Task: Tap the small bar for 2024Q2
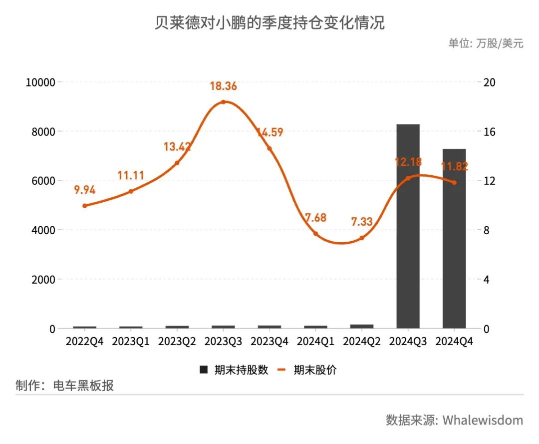point(361,326)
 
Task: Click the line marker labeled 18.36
point(223,102)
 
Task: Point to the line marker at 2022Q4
point(85,206)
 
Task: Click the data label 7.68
point(315,218)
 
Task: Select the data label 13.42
point(177,147)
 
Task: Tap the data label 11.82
point(454,167)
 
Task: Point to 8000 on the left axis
point(40,131)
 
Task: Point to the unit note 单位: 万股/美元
point(486,43)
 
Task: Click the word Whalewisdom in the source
point(483,420)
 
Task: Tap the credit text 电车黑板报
point(83,386)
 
